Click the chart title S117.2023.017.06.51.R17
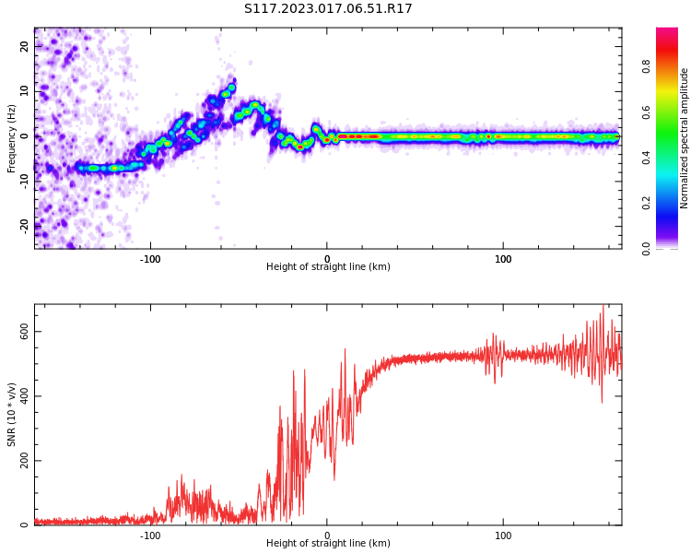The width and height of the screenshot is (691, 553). coord(328,9)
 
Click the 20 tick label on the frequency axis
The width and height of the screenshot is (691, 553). coord(25,46)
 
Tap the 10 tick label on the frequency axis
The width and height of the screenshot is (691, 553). coord(25,91)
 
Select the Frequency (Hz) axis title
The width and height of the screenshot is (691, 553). coord(12,138)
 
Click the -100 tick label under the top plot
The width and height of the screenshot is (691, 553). coord(150,258)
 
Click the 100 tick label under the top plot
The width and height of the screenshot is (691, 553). coord(503,258)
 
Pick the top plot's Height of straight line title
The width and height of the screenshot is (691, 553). coord(328,267)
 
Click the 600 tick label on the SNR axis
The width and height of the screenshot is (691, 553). coord(21,332)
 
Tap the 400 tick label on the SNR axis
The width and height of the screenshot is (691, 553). coord(21,396)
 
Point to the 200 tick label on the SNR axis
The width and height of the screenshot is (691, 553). coord(21,461)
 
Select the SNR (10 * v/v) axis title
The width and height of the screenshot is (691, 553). coord(12,415)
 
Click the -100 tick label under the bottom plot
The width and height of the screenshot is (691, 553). coord(150,535)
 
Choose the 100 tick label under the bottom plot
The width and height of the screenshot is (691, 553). coord(503,535)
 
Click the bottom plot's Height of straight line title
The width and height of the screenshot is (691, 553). coord(328,544)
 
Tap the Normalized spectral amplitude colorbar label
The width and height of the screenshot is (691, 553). coord(685,138)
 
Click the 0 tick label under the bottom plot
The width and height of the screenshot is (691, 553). coord(327,535)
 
